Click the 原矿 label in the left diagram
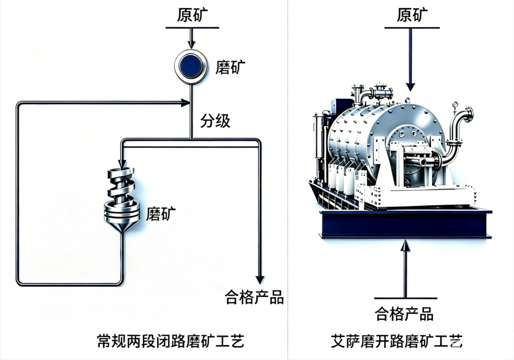(192, 15)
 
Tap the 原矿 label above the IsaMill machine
(412, 15)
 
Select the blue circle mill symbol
(191, 67)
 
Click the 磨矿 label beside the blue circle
(230, 67)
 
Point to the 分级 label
(216, 120)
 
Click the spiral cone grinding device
(122, 200)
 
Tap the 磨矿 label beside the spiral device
(161, 213)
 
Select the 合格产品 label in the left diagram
(254, 297)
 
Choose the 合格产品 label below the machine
(404, 314)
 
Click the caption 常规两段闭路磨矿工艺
(170, 341)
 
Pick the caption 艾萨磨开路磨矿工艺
(396, 341)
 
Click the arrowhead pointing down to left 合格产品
(260, 280)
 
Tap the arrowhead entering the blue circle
(191, 45)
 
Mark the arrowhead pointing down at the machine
(410, 87)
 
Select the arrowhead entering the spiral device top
(122, 164)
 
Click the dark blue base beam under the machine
(405, 224)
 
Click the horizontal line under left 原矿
(192, 28)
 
